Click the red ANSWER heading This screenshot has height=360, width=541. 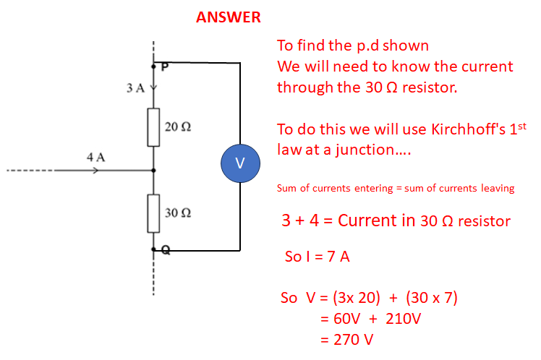[x=229, y=17]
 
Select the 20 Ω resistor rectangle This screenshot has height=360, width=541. [x=153, y=127]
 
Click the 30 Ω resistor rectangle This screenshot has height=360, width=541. [x=153, y=213]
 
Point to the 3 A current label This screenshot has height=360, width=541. [x=135, y=88]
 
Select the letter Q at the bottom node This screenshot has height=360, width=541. [x=165, y=250]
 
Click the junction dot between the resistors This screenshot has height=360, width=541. [x=153, y=171]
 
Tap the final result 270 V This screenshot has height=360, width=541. [x=353, y=338]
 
